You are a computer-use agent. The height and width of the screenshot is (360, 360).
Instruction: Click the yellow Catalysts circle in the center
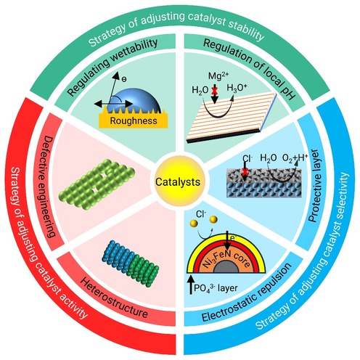(x=178, y=181)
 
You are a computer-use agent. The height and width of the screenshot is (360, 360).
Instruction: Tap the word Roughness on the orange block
(x=134, y=120)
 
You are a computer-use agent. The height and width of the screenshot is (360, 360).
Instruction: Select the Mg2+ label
(x=218, y=75)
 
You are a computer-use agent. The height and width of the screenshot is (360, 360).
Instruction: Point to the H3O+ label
(x=237, y=88)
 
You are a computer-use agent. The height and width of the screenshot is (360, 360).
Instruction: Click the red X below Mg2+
(x=214, y=91)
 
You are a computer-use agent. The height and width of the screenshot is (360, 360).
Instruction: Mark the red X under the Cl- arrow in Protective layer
(x=245, y=173)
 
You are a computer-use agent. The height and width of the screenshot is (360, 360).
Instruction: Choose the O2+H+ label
(x=295, y=157)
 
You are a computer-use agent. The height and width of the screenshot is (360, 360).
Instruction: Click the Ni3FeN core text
(x=226, y=259)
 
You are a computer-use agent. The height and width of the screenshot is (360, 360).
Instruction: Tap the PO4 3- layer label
(x=216, y=288)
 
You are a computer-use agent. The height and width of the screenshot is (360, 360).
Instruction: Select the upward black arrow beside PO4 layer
(x=191, y=285)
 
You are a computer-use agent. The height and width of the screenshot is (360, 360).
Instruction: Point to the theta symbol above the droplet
(x=124, y=79)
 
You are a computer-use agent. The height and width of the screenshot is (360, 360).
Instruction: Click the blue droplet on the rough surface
(x=134, y=101)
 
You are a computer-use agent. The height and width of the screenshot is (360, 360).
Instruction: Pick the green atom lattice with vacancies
(x=97, y=184)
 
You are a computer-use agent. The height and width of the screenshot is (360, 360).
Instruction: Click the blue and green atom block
(x=131, y=263)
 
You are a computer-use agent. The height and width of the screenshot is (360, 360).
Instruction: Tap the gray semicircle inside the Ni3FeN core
(x=226, y=267)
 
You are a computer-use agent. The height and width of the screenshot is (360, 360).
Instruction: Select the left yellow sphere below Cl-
(x=194, y=224)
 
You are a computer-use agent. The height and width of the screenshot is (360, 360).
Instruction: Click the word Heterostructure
(x=114, y=298)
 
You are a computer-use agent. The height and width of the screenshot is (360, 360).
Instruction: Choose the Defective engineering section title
(x=49, y=187)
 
